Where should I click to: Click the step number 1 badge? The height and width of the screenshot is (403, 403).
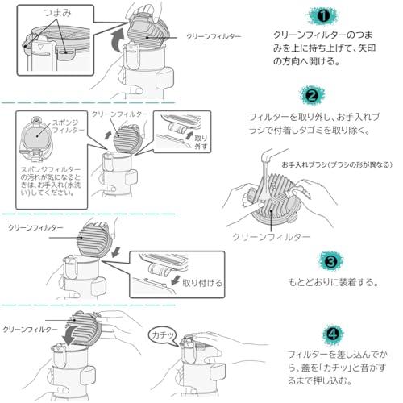coord(323,16)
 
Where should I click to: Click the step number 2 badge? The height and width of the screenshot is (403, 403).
coord(312,95)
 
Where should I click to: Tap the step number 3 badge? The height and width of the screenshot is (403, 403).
coord(330,261)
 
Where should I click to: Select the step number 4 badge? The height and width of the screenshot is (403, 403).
coord(333,334)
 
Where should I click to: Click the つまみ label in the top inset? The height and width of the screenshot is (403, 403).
coord(57,13)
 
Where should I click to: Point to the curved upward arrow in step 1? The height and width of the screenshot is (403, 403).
coord(118,40)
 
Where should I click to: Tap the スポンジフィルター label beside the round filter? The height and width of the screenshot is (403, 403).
coord(68,127)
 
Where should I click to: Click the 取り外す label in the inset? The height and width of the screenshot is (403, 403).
coord(201,143)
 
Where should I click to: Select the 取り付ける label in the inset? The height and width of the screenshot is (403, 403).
coord(202,283)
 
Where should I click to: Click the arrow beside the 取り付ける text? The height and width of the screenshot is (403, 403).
coord(176,280)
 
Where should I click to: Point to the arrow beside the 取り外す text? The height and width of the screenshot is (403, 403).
coord(189,135)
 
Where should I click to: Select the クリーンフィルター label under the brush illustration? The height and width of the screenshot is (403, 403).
coord(271,237)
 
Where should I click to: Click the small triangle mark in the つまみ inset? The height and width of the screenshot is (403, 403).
coord(40,47)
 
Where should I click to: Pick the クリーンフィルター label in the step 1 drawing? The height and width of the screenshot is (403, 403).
coord(214,36)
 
